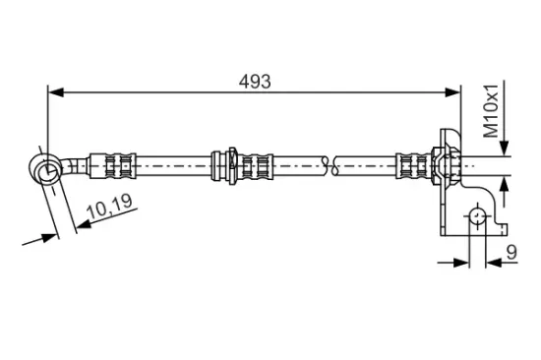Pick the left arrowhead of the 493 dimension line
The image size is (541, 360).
coord(55,93)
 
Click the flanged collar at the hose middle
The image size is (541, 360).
coord(229,163)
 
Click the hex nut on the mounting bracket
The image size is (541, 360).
coord(438,163)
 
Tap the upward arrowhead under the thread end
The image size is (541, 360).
coord(507,181)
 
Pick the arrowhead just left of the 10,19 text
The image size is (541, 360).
coord(82,224)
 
